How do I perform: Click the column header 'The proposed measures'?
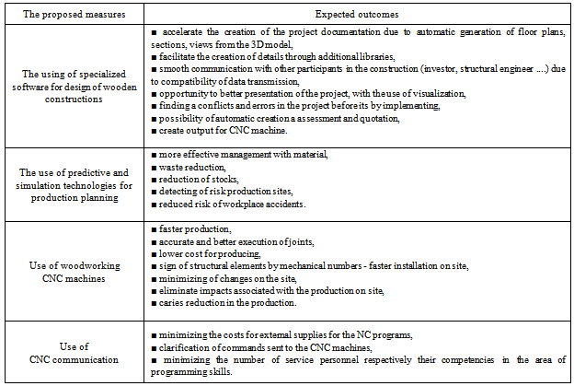pyautogui.click(x=75, y=14)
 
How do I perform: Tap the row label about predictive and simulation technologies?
pyautogui.click(x=75, y=183)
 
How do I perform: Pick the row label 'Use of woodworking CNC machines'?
pyautogui.click(x=75, y=272)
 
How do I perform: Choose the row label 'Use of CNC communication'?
pyautogui.click(x=75, y=353)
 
